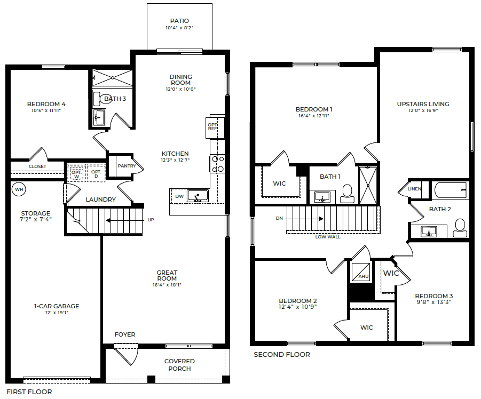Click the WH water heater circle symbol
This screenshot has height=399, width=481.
pyautogui.click(x=19, y=189)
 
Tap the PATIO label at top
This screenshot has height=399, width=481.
pyautogui.click(x=179, y=21)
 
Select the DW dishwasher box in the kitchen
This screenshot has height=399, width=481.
pyautogui.click(x=179, y=196)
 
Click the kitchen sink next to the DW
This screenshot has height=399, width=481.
pyautogui.click(x=196, y=196)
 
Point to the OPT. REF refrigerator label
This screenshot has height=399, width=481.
pyautogui.click(x=212, y=126)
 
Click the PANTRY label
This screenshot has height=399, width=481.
pyautogui.click(x=127, y=166)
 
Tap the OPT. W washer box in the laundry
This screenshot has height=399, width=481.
pyautogui.click(x=76, y=173)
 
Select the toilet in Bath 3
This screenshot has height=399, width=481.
pyautogui.click(x=97, y=99)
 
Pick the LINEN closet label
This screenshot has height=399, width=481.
pyautogui.click(x=414, y=189)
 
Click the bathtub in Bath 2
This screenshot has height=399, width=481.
pyautogui.click(x=450, y=189)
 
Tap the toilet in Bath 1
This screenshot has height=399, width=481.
pyautogui.click(x=348, y=193)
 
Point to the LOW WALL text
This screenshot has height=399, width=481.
pyautogui.click(x=328, y=236)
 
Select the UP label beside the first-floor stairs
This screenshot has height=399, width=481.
pyautogui.click(x=151, y=219)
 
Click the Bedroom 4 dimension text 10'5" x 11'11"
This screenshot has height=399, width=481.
pyautogui.click(x=46, y=111)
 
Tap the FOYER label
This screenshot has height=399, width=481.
pyautogui.click(x=125, y=334)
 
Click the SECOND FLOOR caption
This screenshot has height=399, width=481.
pyautogui.click(x=281, y=354)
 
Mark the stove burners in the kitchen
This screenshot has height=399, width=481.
pyautogui.click(x=217, y=164)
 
